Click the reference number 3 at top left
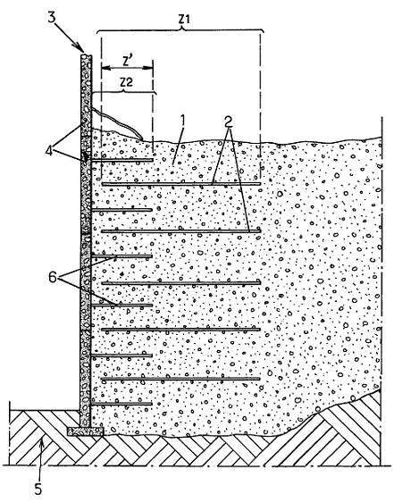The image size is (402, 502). pos(52,17)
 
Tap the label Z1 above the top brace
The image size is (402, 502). pos(184,19)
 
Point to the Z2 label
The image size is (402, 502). pos(127,82)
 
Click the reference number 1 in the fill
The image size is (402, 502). pos(182,121)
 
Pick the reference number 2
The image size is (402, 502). pos(229,121)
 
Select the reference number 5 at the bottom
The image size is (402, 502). pos(38,489)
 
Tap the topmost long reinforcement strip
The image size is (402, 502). pos(181,184)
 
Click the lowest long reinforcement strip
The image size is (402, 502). pos(180,379)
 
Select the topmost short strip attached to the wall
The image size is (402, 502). pos(122,160)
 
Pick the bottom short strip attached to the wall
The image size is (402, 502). pos(122,404)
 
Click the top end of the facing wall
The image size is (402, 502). pos(86,56)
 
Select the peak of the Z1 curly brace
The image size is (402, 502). pos(183,29)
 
